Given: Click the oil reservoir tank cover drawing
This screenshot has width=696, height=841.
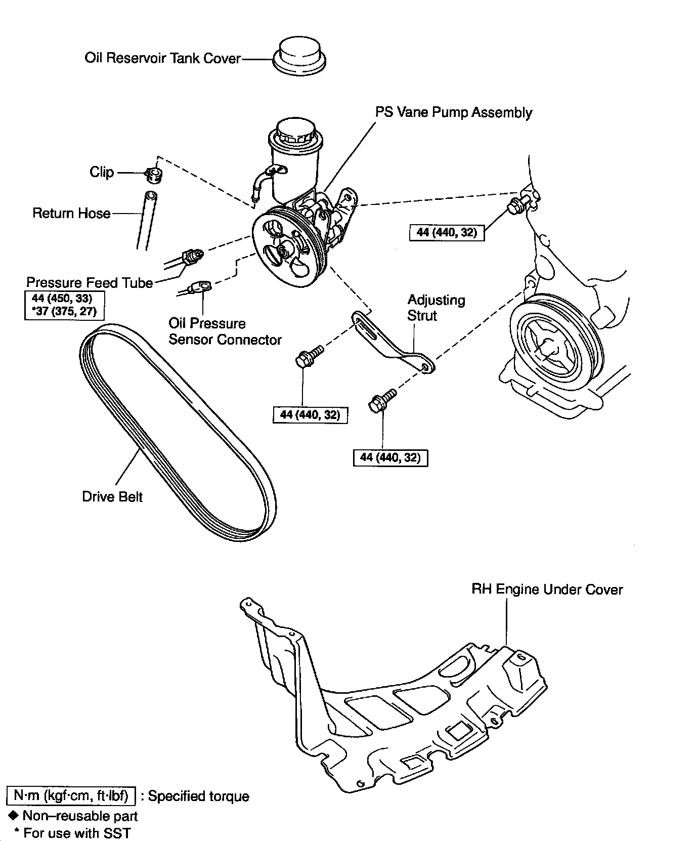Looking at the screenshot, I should coord(299,56).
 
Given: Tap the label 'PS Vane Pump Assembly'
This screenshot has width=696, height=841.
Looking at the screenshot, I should coord(453,112).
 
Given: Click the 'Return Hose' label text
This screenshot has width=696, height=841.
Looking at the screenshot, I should coord(71,213).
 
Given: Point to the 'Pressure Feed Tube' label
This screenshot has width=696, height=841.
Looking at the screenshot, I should coord(90,282).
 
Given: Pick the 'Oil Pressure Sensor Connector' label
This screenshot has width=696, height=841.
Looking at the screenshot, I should coord(225,331).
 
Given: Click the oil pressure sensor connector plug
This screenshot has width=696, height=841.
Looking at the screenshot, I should coord(201,287).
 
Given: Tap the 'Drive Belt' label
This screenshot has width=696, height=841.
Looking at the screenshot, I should coord(112,496).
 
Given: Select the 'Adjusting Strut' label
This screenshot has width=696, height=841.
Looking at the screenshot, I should coord(436,308).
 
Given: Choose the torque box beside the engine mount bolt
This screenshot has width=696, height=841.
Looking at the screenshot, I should coord(447,232).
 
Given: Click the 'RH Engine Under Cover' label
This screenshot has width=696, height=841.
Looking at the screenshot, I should coord(547,590).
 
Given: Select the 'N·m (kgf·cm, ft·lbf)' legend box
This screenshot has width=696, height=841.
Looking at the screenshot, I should coord(71,796).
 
